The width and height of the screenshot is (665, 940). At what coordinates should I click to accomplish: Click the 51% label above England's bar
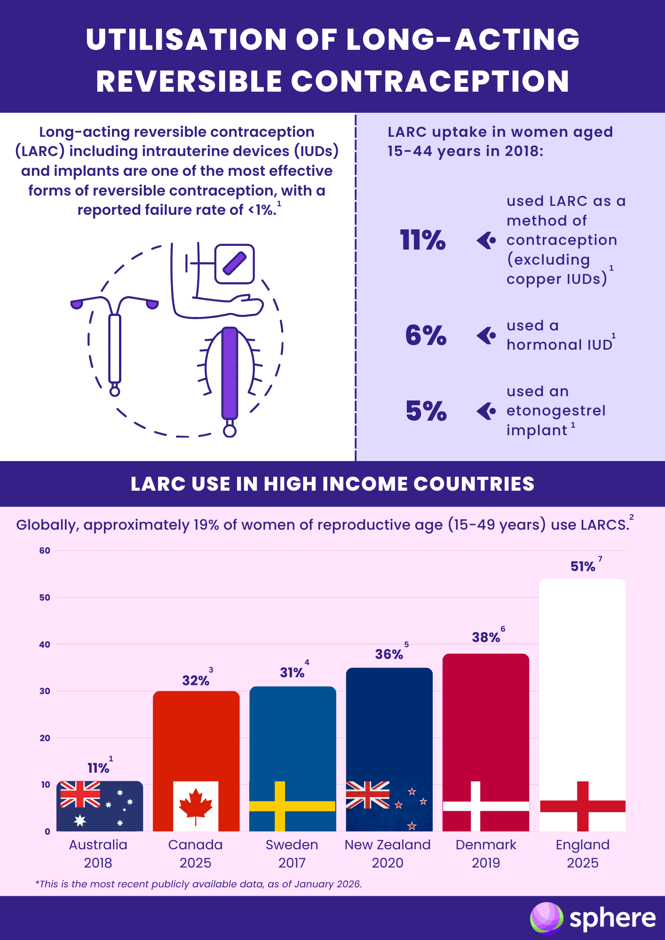click(x=583, y=566)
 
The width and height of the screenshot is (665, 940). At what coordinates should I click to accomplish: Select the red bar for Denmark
click(x=486, y=714)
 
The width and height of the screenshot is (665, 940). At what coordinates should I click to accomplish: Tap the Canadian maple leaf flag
click(x=196, y=807)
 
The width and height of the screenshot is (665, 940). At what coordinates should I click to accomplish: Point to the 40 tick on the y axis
click(x=45, y=644)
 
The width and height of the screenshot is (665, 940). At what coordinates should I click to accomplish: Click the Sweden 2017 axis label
click(x=292, y=854)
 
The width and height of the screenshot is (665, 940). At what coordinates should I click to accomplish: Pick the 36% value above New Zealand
click(x=389, y=654)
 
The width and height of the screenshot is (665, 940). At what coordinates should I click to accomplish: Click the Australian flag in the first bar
click(x=100, y=807)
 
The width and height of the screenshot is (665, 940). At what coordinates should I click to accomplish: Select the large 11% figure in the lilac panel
click(x=422, y=240)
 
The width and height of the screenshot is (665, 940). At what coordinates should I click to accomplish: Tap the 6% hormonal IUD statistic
click(x=426, y=336)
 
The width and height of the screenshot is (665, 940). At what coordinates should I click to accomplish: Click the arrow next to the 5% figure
click(x=486, y=411)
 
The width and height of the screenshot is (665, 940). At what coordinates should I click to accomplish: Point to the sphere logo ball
click(x=546, y=917)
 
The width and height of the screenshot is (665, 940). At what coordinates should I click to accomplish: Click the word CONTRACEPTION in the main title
click(x=430, y=81)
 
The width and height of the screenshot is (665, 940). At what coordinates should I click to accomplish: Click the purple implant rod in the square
click(x=235, y=264)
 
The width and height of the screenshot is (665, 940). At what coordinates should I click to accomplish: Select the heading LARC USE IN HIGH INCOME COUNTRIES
click(x=332, y=484)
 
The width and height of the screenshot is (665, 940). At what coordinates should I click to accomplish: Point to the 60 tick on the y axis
click(x=45, y=550)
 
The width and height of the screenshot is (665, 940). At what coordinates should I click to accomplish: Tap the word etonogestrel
click(x=556, y=411)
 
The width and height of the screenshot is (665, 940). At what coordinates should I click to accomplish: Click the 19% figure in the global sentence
click(x=206, y=525)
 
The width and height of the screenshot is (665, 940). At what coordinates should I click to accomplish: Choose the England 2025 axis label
click(x=582, y=854)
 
